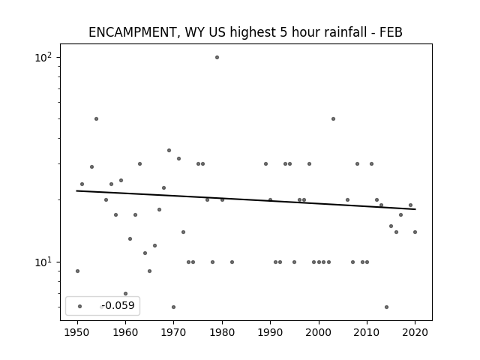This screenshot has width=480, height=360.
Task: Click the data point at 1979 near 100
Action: [x=217, y=58]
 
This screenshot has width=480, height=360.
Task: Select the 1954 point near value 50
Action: [x=97, y=118]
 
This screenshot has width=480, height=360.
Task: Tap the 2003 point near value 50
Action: [x=333, y=118]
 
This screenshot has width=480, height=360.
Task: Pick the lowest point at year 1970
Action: [x=173, y=307]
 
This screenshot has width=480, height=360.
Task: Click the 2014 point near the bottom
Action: [x=387, y=307]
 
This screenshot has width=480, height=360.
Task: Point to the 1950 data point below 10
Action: [x=77, y=271]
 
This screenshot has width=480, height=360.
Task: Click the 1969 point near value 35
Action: [x=169, y=150]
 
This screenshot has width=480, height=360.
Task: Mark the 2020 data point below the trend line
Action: [x=415, y=232]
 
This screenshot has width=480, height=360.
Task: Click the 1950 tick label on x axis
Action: [x=77, y=333]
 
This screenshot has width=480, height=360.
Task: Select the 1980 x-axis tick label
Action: [x=222, y=333]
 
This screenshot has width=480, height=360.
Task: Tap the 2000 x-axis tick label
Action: [x=318, y=333]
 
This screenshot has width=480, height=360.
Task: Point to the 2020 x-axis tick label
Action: [x=415, y=333]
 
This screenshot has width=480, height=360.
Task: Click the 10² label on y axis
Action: [x=43, y=57]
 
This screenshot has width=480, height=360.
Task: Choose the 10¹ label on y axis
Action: [x=43, y=262]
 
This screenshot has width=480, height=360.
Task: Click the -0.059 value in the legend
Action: [x=118, y=305]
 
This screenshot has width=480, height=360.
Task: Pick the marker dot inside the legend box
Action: [x=80, y=307]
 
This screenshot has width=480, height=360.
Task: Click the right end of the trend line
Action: [x=415, y=209]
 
